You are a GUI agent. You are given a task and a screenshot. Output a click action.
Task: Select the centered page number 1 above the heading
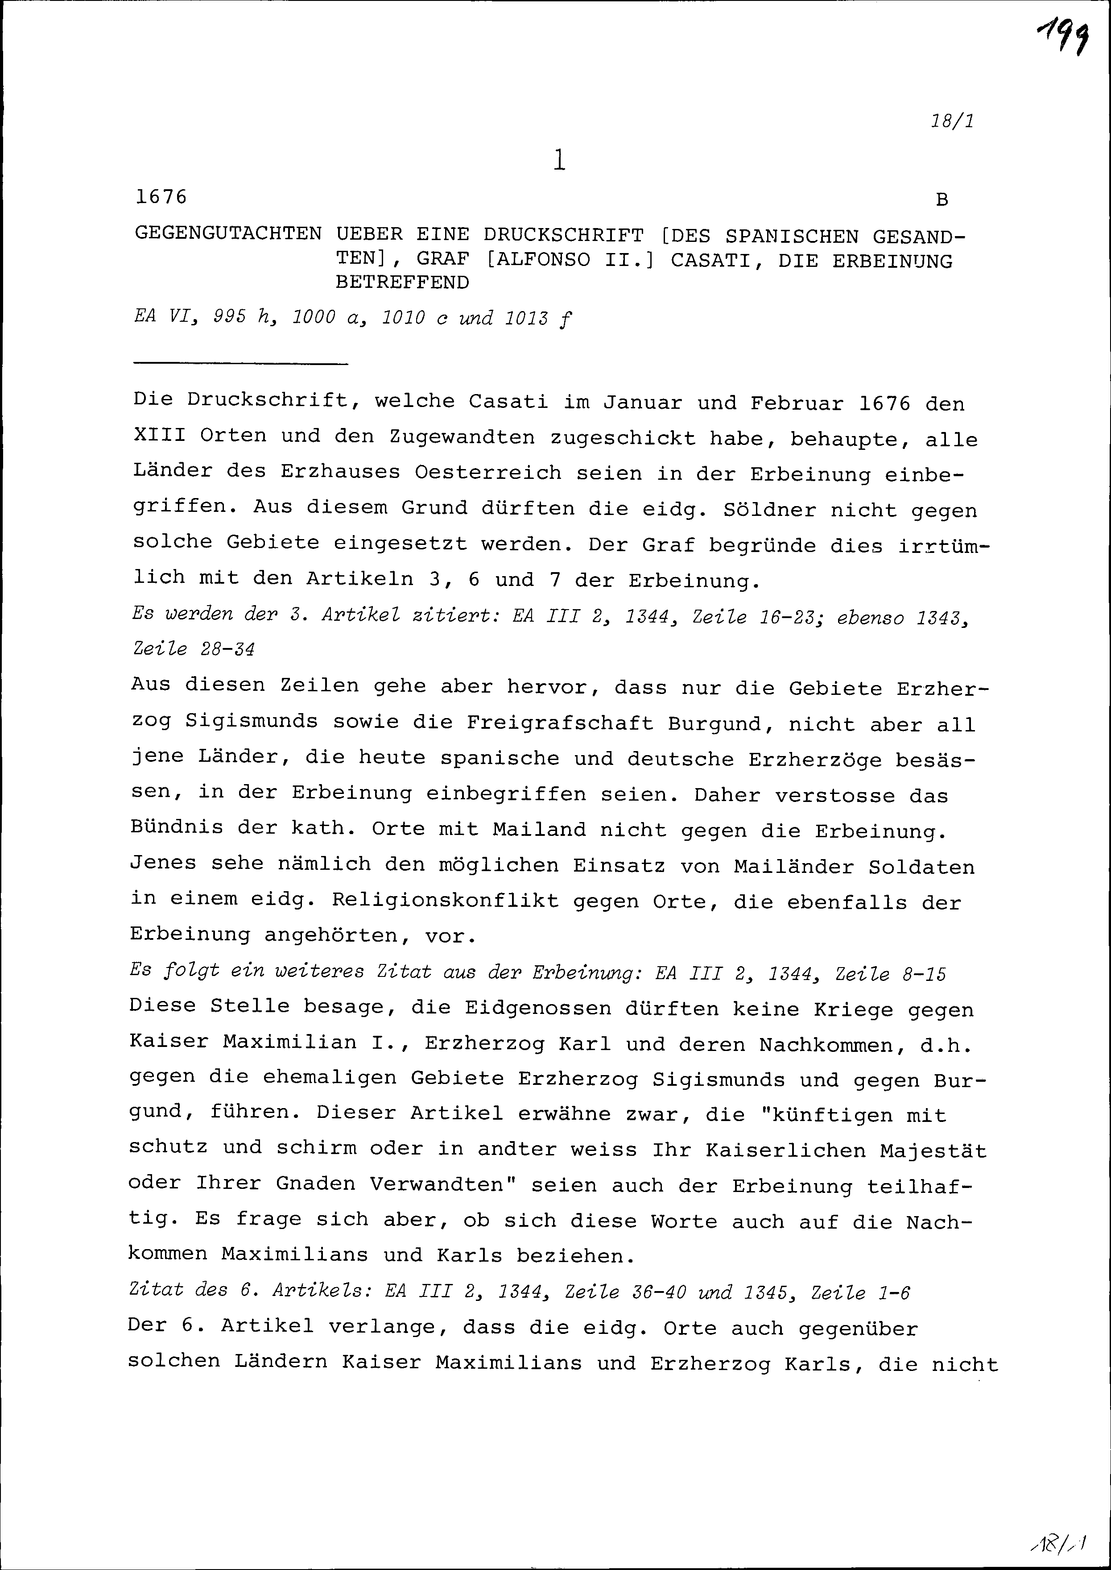coord(560,160)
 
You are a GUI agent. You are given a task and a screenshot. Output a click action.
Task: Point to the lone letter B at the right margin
coord(942,200)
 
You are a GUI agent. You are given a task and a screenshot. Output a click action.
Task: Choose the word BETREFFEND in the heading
coord(402,282)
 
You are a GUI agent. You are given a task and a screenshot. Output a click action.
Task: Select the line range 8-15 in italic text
coord(924,973)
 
